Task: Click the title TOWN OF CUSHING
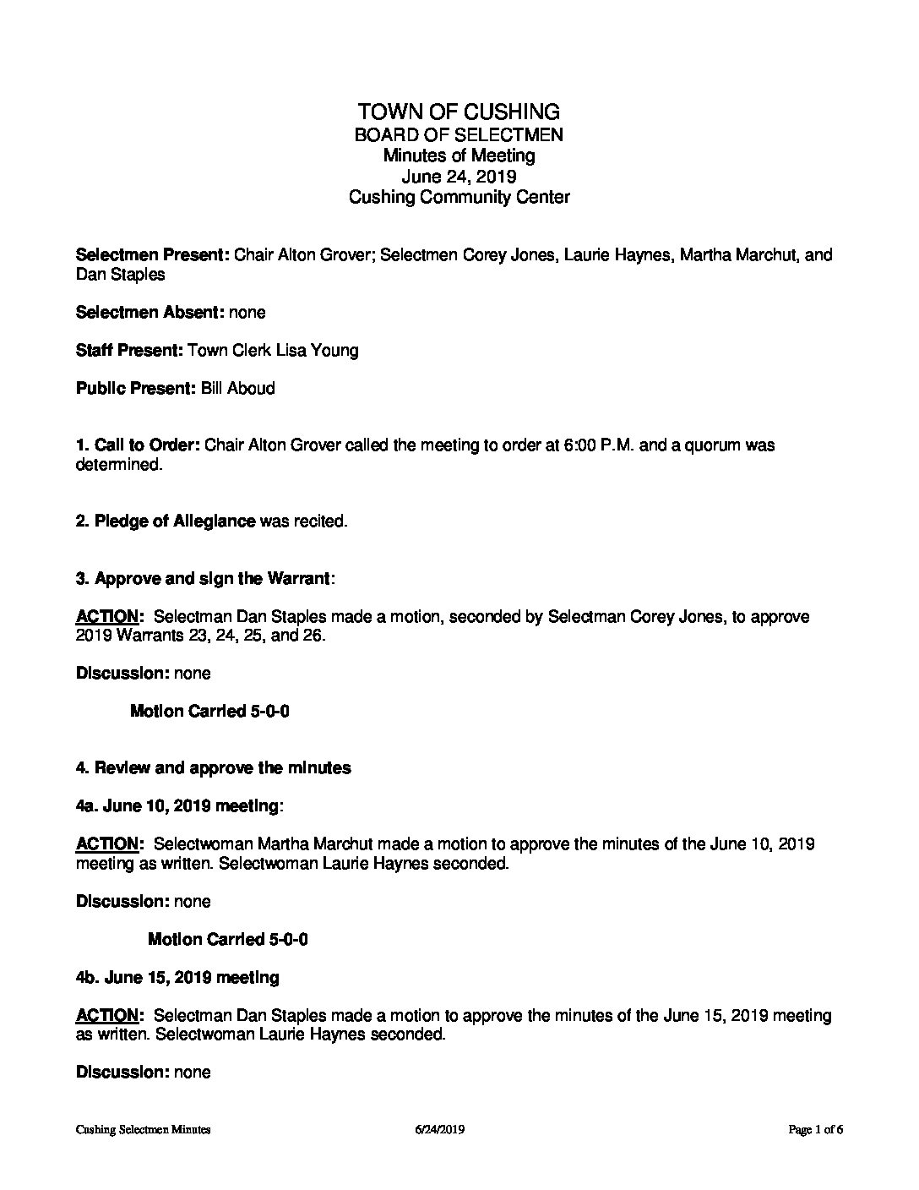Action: (x=459, y=112)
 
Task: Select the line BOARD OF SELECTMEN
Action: (x=459, y=134)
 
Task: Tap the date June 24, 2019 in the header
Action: (x=459, y=177)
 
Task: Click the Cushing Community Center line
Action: (x=459, y=198)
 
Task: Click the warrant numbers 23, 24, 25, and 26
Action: (x=253, y=636)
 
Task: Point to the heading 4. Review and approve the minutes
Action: (x=213, y=768)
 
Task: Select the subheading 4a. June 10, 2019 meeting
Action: (x=177, y=806)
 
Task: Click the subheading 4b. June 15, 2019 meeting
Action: (x=177, y=978)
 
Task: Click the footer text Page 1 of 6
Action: (x=816, y=1129)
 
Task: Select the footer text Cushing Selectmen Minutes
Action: (x=143, y=1129)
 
